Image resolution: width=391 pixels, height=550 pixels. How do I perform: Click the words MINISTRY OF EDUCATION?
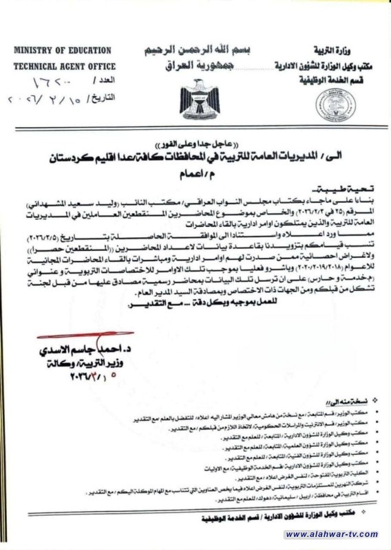(62, 50)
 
